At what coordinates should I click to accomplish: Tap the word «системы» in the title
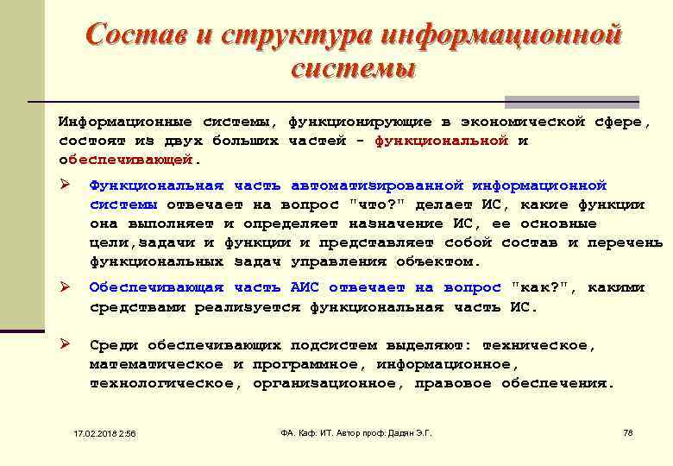point(353,68)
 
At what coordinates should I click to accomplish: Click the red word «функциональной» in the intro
point(441,141)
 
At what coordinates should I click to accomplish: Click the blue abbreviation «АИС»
point(305,287)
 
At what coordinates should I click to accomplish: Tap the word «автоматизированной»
point(378,186)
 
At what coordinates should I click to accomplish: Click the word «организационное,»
point(328,383)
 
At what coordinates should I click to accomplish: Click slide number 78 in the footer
point(627,432)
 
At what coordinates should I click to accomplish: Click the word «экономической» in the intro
point(527,122)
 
